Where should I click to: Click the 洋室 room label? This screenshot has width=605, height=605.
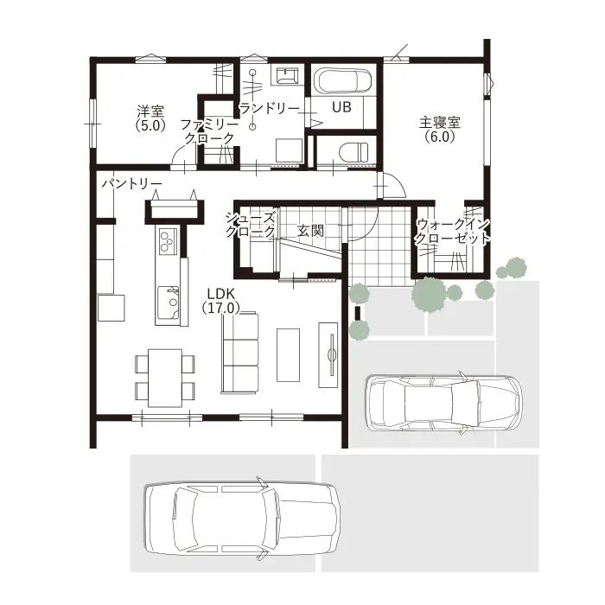click(x=150, y=111)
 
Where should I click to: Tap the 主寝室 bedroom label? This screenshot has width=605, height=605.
click(x=440, y=123)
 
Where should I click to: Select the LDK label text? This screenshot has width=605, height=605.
click(x=220, y=294)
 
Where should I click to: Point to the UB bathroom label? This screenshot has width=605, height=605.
click(x=342, y=107)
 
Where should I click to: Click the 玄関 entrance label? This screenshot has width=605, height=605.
click(x=310, y=231)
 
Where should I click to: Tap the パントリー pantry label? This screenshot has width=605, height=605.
click(x=131, y=184)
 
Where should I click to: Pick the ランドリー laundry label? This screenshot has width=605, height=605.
click(x=270, y=109)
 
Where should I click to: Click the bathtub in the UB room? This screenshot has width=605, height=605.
click(x=343, y=81)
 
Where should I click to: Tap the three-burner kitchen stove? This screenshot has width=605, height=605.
click(x=168, y=240)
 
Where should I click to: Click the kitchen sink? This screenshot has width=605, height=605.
click(x=168, y=302)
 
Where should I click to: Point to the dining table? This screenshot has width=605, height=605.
click(x=165, y=378)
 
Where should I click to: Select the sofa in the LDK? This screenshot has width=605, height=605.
click(x=239, y=353)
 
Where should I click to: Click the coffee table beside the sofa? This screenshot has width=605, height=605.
click(x=288, y=355)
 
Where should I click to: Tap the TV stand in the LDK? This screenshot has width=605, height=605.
click(x=328, y=354)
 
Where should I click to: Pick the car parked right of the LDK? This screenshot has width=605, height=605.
click(x=443, y=403)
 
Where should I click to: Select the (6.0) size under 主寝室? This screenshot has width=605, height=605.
click(x=440, y=137)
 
